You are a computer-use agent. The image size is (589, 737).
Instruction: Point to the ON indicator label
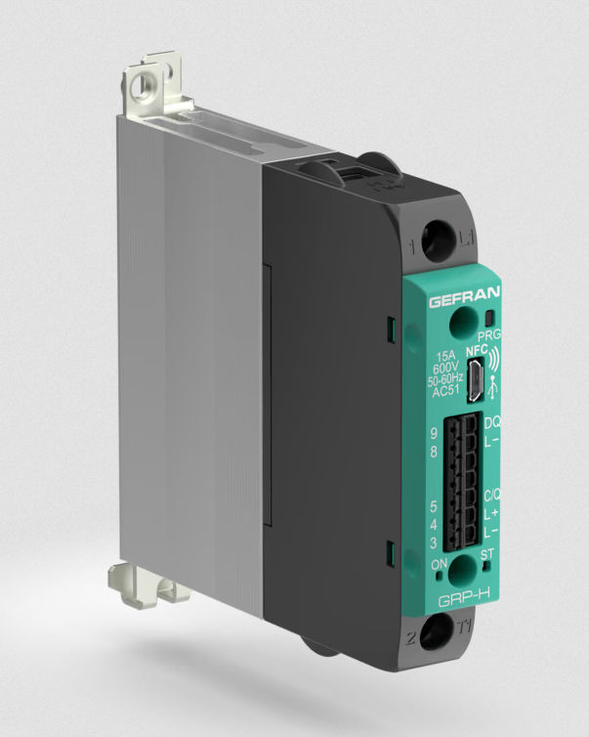click(439, 564)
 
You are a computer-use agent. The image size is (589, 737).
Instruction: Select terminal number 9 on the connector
click(433, 433)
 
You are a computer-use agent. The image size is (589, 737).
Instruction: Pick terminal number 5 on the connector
click(433, 507)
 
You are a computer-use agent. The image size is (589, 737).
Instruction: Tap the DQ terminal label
click(493, 421)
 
